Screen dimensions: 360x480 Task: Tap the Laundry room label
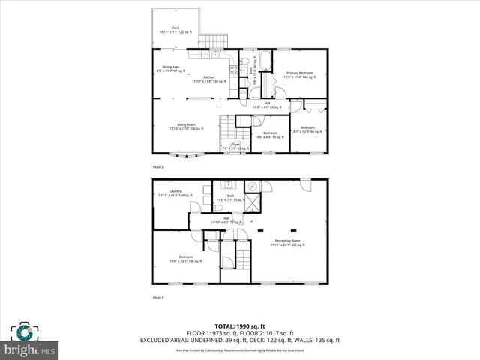click(x=175, y=193)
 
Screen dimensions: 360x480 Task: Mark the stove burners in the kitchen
click(x=233, y=70)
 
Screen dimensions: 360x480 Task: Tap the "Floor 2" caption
click(x=157, y=167)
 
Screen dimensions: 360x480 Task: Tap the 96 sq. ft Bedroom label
click(x=307, y=130)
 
